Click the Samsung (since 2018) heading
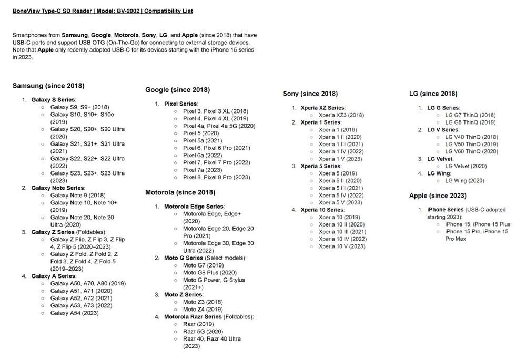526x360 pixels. (48, 86)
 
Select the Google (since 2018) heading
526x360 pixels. (177, 90)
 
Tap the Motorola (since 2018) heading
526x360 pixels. (180, 192)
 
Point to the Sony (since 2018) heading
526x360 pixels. (310, 94)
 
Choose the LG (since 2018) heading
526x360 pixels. (433, 94)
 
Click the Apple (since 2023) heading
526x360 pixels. (438, 196)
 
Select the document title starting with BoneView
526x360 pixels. (102, 11)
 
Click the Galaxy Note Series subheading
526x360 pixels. (58, 188)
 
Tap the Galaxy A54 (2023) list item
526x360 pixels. (74, 313)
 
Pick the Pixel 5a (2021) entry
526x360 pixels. (202, 140)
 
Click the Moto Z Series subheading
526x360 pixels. (183, 295)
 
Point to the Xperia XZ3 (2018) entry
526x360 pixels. (341, 115)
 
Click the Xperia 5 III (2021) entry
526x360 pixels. (341, 188)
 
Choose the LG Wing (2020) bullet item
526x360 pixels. (464, 180)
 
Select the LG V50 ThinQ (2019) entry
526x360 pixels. (471, 144)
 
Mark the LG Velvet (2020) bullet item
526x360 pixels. (466, 166)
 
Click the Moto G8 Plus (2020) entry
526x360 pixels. (203, 273)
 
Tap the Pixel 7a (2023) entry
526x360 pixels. (203, 170)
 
